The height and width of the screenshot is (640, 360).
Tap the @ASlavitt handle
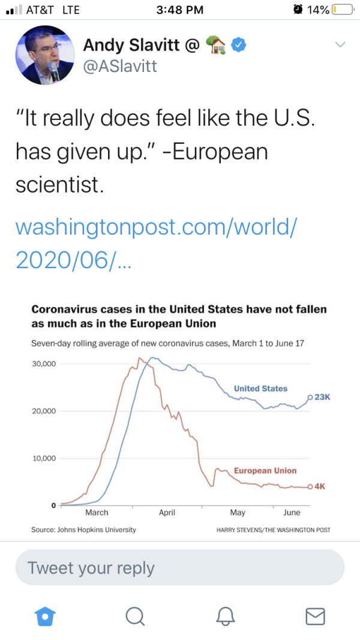point(119,66)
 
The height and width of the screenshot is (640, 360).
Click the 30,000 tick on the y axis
point(44,364)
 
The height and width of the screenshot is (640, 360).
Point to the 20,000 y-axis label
point(44,411)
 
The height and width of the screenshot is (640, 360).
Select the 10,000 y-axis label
point(44,459)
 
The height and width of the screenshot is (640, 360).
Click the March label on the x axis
point(97,513)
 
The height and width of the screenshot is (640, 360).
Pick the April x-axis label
point(167,513)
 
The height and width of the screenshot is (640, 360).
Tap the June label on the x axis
point(292,513)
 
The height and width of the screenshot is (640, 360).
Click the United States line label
point(260,389)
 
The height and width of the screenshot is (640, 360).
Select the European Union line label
point(265,471)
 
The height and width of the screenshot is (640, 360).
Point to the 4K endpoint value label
point(319,486)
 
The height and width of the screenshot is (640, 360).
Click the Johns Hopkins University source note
point(83,530)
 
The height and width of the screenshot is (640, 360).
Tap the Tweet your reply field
point(179,567)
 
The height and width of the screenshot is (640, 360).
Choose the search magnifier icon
point(135,615)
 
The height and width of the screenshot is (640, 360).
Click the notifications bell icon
point(226,615)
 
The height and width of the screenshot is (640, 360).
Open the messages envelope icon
point(315,615)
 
